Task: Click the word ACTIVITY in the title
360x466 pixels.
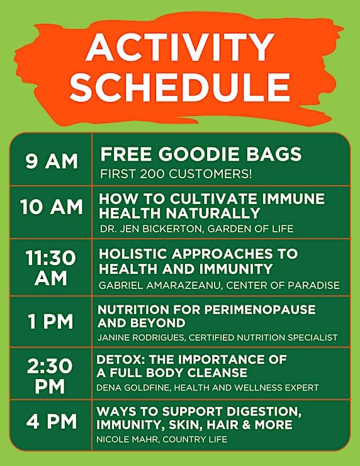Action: tap(180, 47)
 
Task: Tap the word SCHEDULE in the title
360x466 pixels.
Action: tap(180, 87)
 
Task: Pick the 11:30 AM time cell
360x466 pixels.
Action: tap(51, 268)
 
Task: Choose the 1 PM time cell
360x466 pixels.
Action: tap(50, 322)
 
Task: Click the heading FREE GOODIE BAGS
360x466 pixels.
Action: tap(201, 154)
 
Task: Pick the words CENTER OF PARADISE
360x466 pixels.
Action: tap(283, 285)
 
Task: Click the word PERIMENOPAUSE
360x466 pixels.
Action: tap(260, 310)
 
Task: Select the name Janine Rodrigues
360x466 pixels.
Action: tap(140, 338)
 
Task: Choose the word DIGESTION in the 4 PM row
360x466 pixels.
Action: tap(264, 412)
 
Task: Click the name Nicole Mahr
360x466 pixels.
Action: tap(127, 440)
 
